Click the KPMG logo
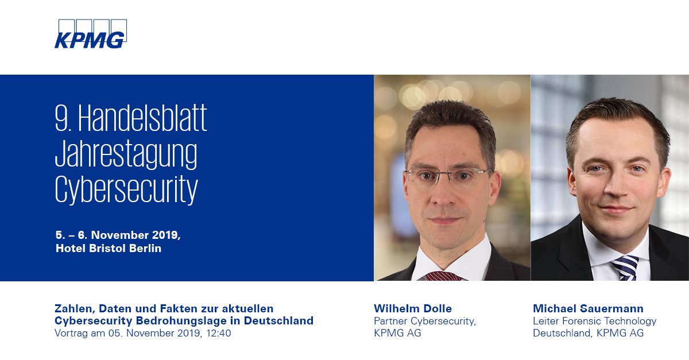90,35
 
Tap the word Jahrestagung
126,154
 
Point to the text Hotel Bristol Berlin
109,249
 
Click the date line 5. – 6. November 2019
118,235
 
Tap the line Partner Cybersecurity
425,321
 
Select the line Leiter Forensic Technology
594,321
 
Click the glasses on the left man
448,175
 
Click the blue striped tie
625,267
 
